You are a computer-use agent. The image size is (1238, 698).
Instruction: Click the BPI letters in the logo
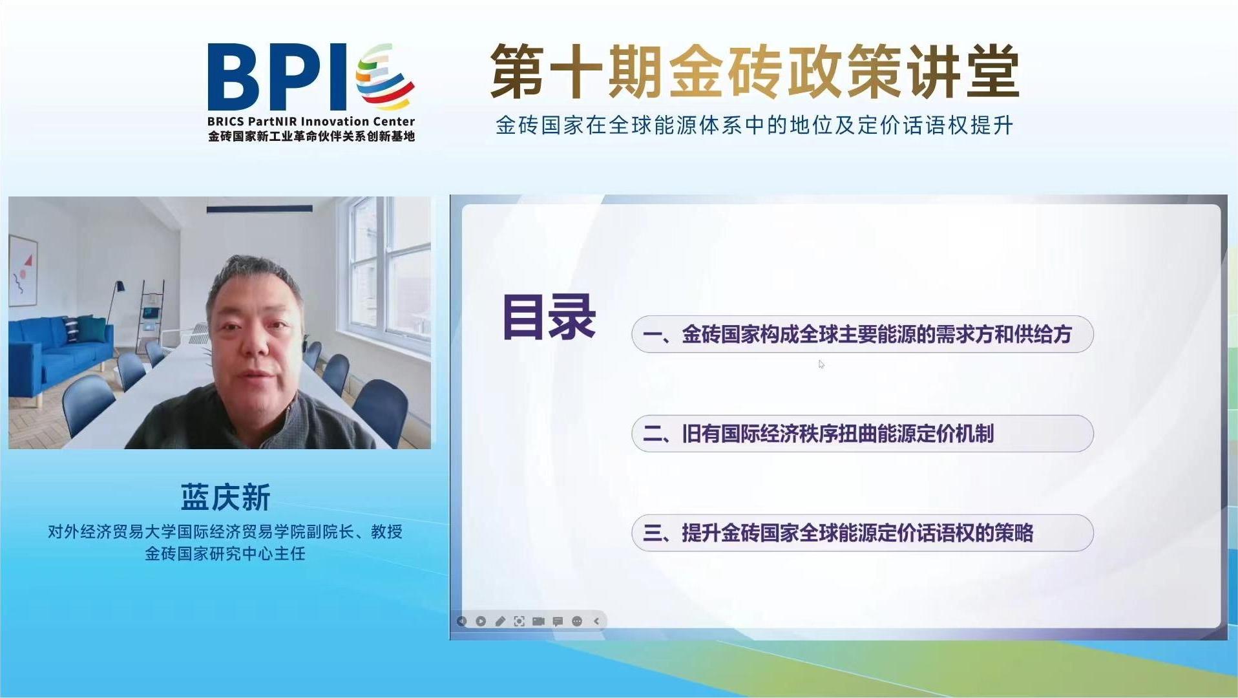[x=277, y=77]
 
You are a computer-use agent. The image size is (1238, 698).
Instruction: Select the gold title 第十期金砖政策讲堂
[x=755, y=72]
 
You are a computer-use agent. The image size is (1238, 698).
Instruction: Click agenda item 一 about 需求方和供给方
[x=862, y=334]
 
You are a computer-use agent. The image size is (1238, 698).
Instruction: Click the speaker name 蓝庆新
[x=226, y=498]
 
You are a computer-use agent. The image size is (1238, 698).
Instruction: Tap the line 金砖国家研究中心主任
[x=226, y=554]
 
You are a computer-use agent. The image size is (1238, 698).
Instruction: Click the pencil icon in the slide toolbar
[x=500, y=621]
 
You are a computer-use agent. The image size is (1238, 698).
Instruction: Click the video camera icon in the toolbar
[x=538, y=621]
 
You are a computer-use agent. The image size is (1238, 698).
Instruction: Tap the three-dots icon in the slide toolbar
[x=577, y=621]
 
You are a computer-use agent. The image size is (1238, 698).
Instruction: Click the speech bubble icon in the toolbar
[x=558, y=622]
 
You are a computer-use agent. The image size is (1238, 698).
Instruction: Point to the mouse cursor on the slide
[x=821, y=364]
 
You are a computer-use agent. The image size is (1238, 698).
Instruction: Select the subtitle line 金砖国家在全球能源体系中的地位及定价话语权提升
[x=754, y=125]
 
